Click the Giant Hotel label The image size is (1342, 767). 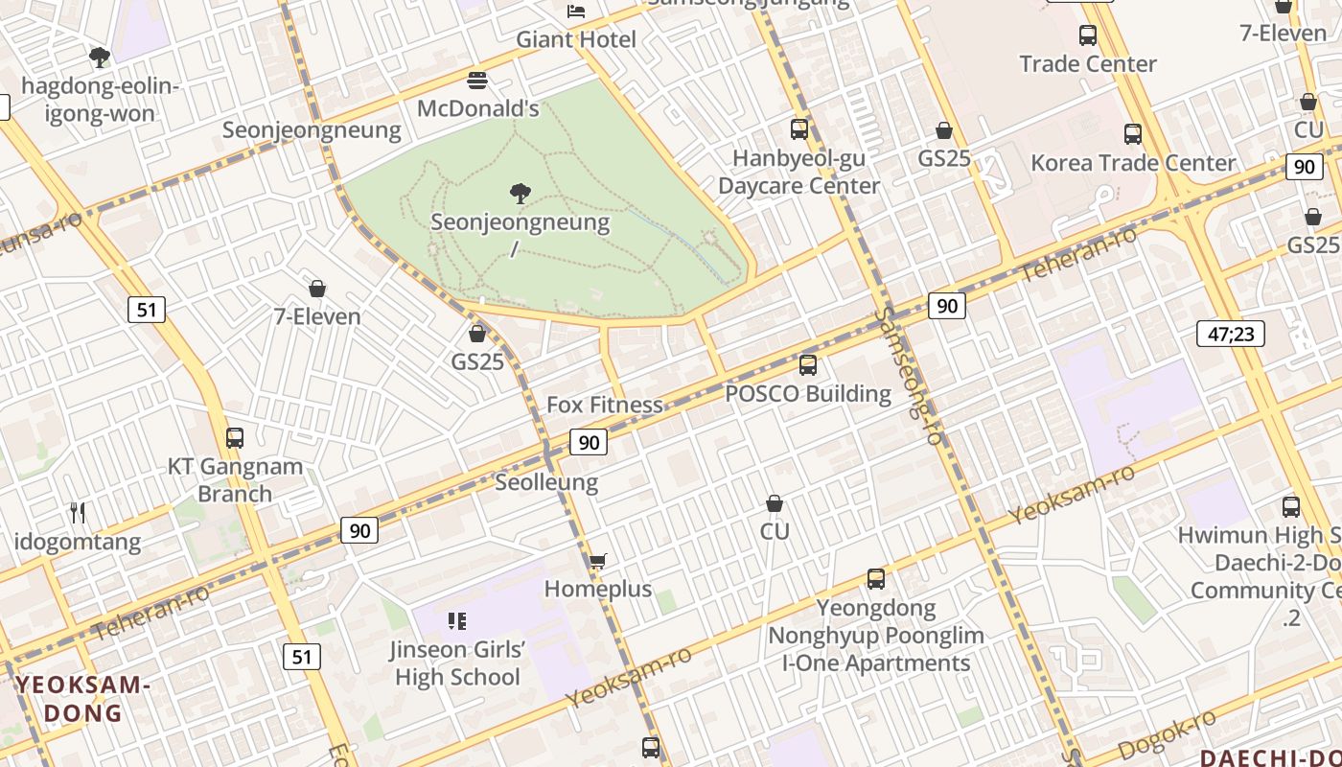576,39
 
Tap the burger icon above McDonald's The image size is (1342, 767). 477,80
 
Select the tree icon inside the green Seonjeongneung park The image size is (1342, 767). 521,195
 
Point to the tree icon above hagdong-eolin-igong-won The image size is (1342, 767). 100,58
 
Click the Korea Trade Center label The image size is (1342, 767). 1133,163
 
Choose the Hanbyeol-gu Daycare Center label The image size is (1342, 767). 798,172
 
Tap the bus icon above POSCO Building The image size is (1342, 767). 808,365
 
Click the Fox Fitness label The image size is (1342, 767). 604,405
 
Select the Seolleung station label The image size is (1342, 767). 546,482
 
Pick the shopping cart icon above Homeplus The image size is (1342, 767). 598,561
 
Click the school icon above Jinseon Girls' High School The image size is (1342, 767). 457,621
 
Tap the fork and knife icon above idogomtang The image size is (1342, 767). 78,513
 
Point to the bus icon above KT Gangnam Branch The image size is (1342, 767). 235,438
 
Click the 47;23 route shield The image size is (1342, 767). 1231,334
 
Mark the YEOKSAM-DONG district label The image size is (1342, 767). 83,699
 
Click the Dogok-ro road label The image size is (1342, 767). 1168,735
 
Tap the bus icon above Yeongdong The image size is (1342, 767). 876,579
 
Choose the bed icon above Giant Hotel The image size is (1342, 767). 576,12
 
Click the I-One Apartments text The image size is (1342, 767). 876,662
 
